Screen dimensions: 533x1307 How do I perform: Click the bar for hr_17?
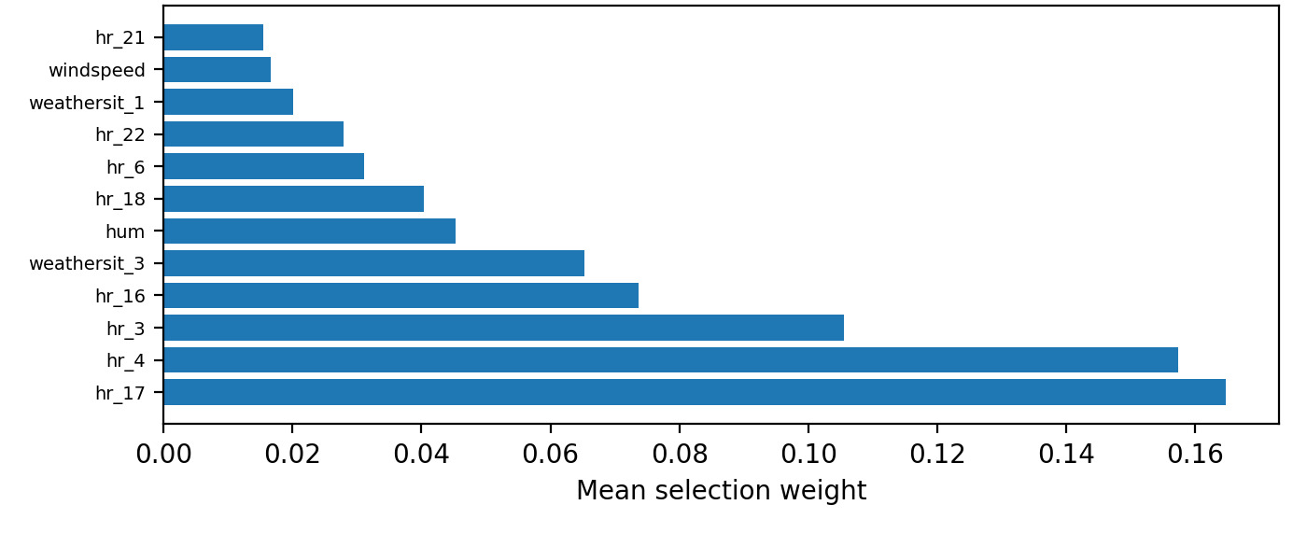694,392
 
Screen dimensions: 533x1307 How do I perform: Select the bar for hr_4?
670,359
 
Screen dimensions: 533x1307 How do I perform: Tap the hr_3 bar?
503,328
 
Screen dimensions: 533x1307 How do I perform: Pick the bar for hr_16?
401,295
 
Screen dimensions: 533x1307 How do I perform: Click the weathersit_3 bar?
373,263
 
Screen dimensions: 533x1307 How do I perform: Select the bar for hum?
309,231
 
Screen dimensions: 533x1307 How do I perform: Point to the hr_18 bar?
293,199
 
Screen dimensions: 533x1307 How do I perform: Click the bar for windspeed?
217,70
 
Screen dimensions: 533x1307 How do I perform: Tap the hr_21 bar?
213,37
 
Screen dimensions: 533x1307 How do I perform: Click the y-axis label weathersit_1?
87,103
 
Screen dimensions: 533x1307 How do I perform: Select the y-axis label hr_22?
119,135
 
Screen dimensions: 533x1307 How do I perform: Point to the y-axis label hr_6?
125,167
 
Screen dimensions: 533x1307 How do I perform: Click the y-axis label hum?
125,231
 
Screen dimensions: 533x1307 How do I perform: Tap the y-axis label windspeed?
96,71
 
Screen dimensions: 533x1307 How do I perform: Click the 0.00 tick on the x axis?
163,455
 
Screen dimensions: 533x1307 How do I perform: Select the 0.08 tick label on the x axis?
680,455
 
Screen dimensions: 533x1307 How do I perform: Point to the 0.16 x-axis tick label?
1195,455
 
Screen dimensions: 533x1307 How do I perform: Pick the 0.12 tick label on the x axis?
937,455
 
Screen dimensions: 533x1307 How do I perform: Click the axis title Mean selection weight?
721,491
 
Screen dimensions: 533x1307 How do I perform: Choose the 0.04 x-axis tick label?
421,455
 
